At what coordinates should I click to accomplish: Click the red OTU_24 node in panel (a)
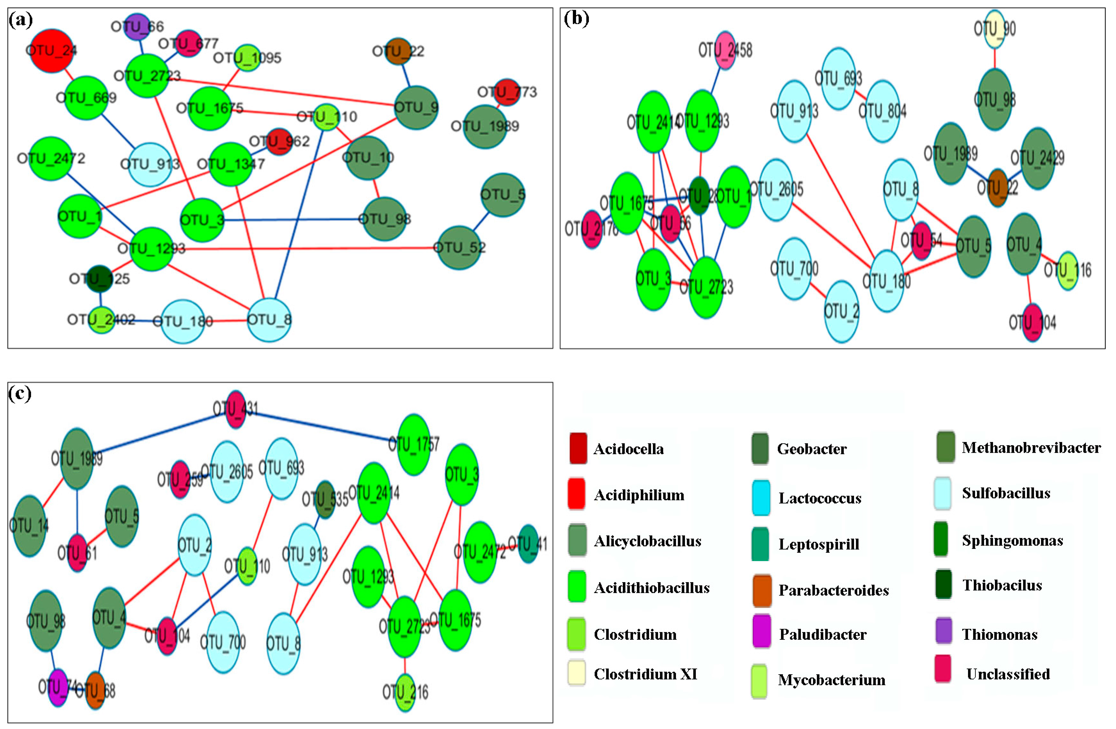point(52,51)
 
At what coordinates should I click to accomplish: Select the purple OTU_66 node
point(137,26)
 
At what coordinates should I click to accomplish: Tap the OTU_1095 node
point(247,58)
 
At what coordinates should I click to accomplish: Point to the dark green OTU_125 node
point(100,279)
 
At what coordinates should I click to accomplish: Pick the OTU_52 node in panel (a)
point(459,247)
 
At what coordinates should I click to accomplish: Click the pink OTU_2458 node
point(725,50)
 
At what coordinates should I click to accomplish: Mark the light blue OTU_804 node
point(883,111)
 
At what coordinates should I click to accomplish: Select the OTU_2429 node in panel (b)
point(1038,158)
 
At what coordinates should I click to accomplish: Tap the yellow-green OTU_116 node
point(1068,270)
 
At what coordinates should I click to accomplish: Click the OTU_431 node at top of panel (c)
point(235,408)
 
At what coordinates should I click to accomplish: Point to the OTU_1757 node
point(414,444)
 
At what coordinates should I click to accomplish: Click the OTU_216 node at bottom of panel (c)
point(405,692)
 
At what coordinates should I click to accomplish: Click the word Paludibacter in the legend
point(822,634)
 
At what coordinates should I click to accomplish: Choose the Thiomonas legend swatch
point(943,630)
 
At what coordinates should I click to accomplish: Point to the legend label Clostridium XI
point(645,674)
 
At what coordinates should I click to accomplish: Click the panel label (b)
point(576,19)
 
